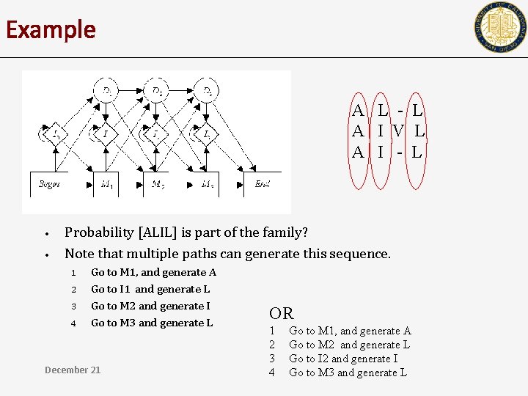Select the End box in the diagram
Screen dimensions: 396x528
pos(262,184)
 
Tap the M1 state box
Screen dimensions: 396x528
pos(107,184)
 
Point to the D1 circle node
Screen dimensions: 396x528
pos(107,92)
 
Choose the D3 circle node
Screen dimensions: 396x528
pos(209,92)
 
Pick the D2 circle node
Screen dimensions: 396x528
pos(158,92)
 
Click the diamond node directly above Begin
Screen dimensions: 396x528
pos(55,134)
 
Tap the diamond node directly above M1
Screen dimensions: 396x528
pos(106,134)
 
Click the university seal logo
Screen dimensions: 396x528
pos(500,28)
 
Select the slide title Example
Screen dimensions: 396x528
pos(51,30)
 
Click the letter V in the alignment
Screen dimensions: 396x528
pos(398,132)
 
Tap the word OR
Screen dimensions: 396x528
pos(281,314)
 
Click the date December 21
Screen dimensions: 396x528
pos(73,370)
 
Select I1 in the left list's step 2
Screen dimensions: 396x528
pos(125,289)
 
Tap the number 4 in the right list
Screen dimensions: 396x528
pos(272,373)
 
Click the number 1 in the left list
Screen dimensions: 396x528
pos(73,273)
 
